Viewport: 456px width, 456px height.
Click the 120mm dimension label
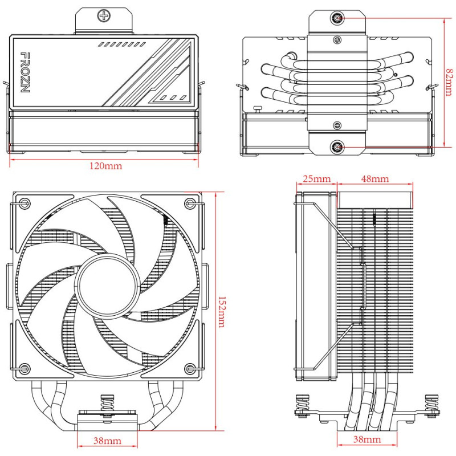tap(105, 166)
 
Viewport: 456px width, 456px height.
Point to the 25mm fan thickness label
tap(316, 178)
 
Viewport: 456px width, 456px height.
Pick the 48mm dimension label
tap(375, 178)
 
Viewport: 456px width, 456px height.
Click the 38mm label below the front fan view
tap(107, 441)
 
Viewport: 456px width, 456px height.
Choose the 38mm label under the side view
tap(368, 439)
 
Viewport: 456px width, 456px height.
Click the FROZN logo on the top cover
tap(25, 72)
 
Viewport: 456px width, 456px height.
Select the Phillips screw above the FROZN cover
tap(104, 17)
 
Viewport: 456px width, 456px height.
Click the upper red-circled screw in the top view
tap(338, 18)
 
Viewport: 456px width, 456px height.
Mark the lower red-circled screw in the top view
tap(338, 148)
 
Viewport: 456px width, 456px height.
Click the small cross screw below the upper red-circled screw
tap(338, 40)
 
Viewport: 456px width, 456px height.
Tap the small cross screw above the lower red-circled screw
tap(338, 125)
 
